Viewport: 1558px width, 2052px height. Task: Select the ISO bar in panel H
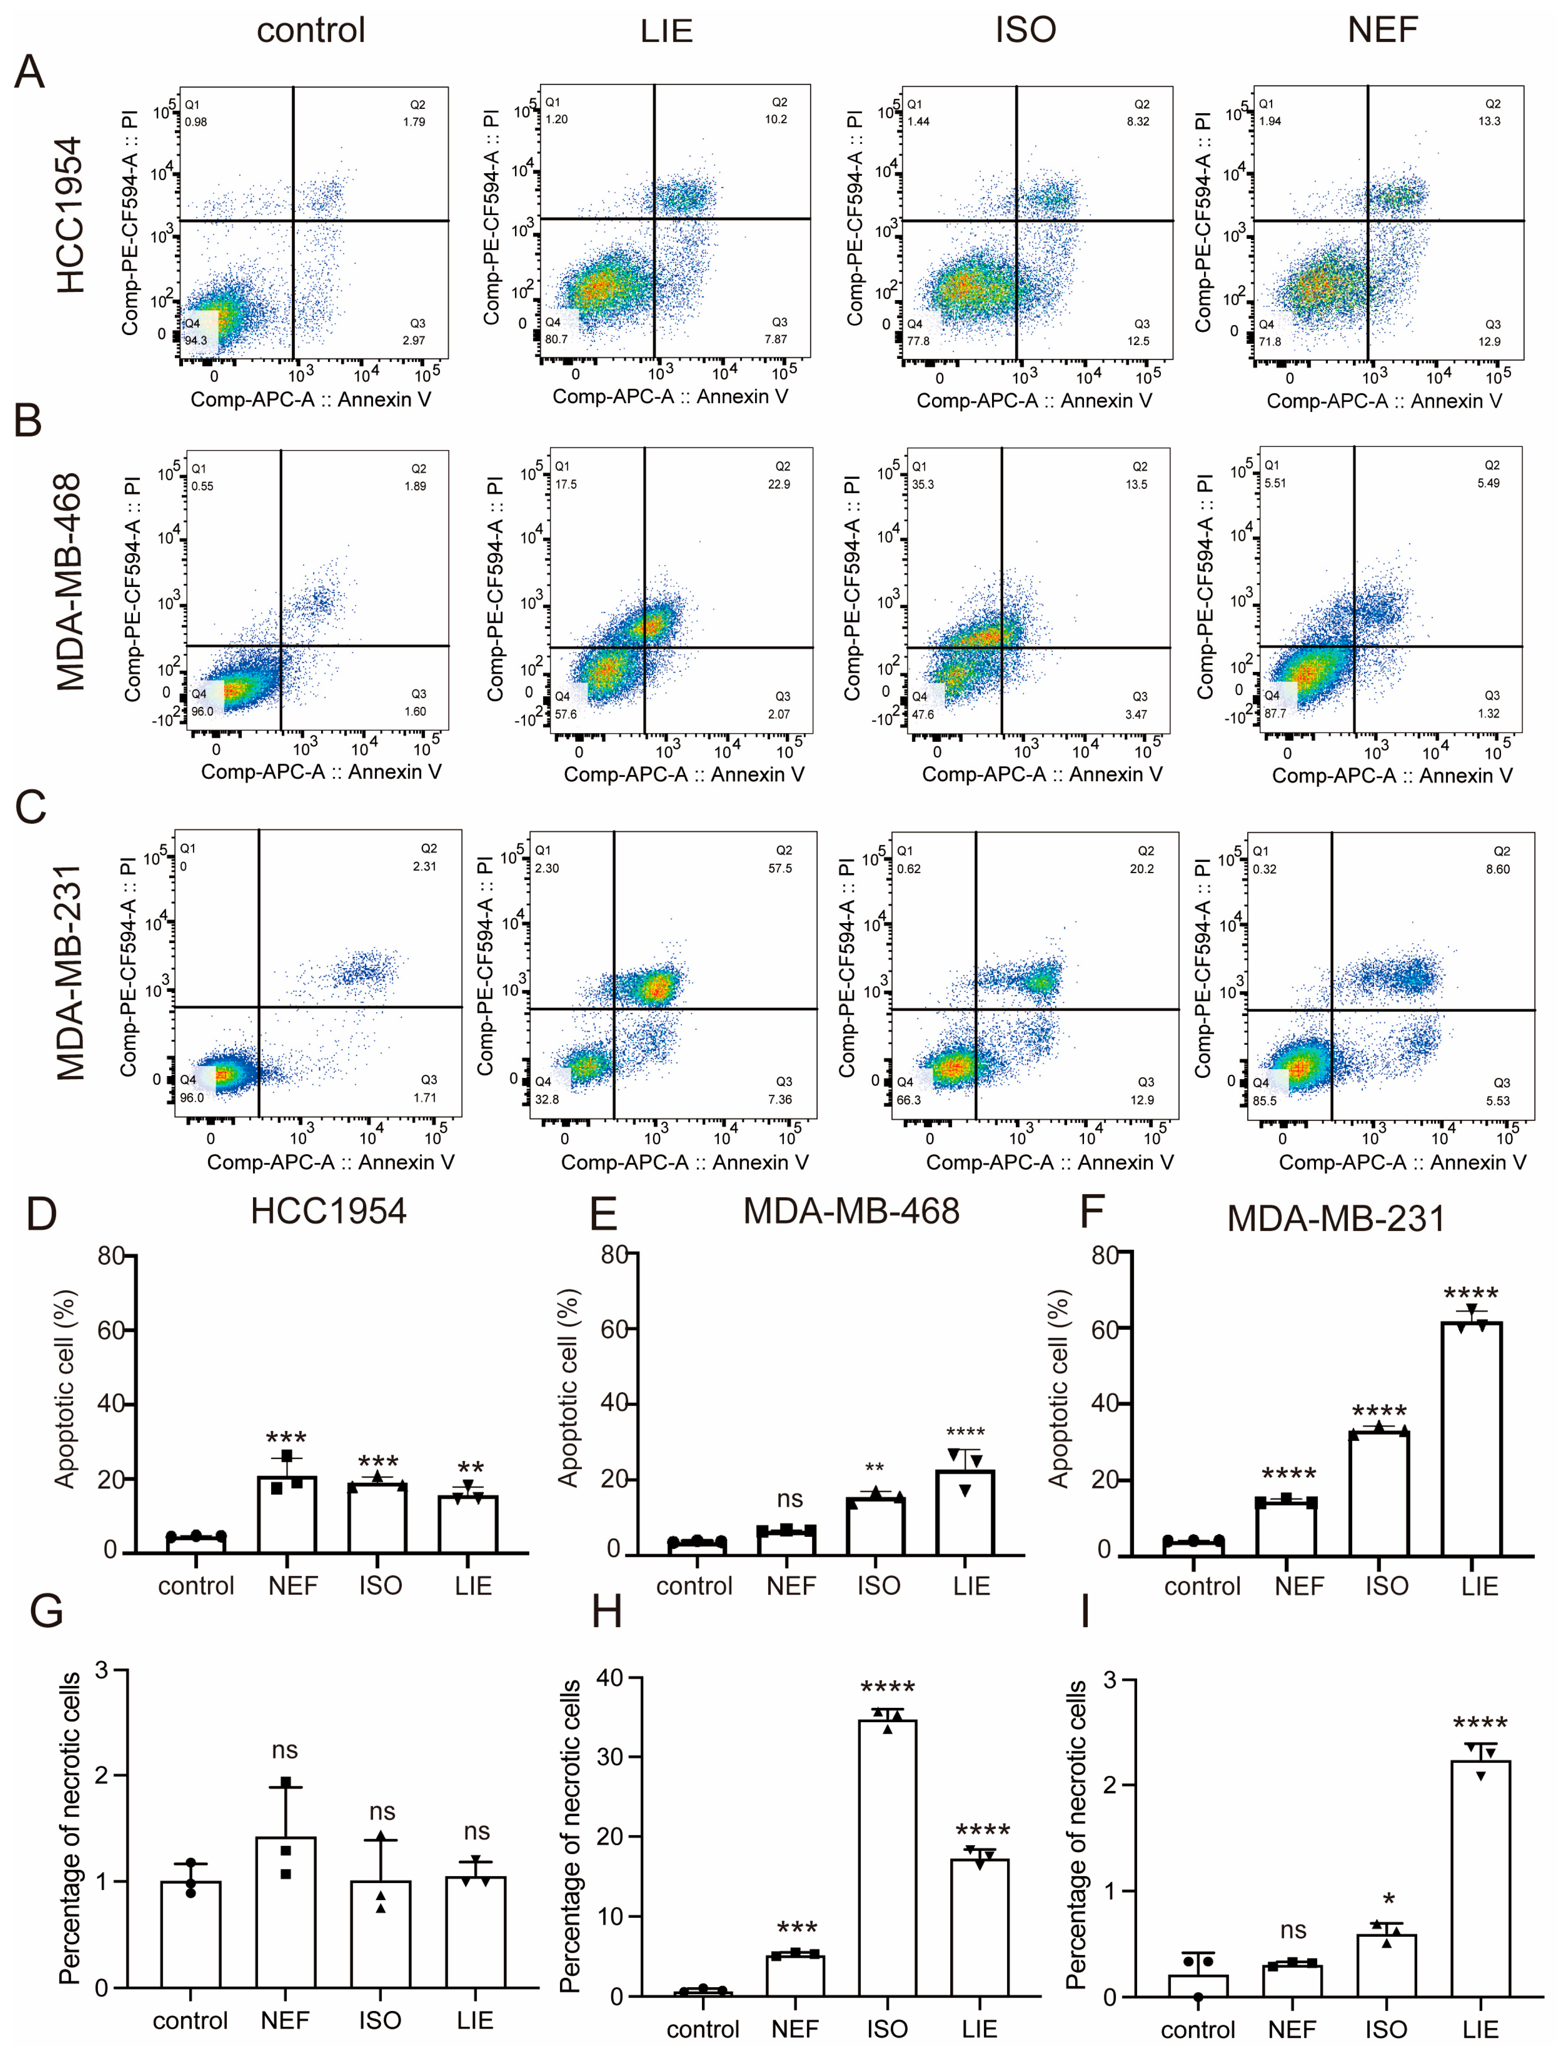[x=888, y=1857]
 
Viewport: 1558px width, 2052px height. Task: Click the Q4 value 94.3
[x=196, y=340]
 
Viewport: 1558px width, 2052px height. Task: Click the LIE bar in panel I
[x=1480, y=1878]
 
